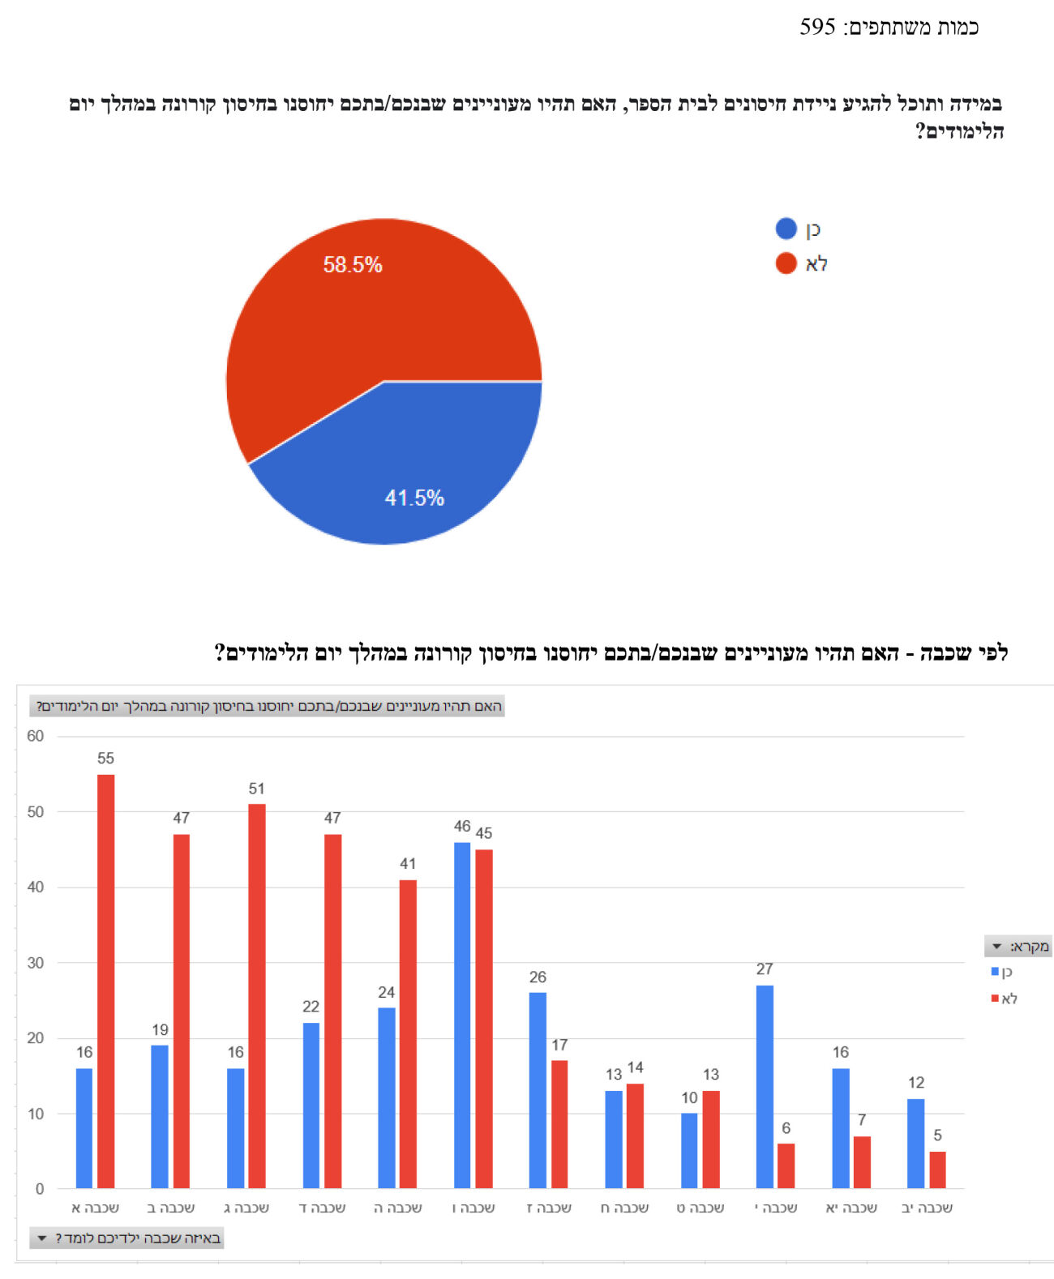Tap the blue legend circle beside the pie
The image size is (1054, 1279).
[x=786, y=229]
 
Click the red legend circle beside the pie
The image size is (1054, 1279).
[x=786, y=263]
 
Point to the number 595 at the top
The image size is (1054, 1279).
[x=817, y=27]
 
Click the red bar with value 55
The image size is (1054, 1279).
[x=105, y=981]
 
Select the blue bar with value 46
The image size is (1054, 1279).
[x=462, y=1015]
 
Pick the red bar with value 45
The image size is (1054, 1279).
[x=484, y=1019]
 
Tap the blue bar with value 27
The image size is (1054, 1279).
[x=765, y=1086]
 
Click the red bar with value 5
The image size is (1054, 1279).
[x=937, y=1170]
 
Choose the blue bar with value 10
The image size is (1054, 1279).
[x=689, y=1150]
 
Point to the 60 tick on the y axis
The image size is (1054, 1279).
[x=35, y=736]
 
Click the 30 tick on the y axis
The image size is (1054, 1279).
[x=35, y=963]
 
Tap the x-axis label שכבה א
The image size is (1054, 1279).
[x=96, y=1208]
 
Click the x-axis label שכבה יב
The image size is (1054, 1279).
[x=927, y=1208]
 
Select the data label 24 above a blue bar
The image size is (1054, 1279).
[x=387, y=992]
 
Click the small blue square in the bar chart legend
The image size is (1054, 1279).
[x=995, y=971]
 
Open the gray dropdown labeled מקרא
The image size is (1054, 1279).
[x=1018, y=946]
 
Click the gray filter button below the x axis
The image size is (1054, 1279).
[x=126, y=1238]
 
